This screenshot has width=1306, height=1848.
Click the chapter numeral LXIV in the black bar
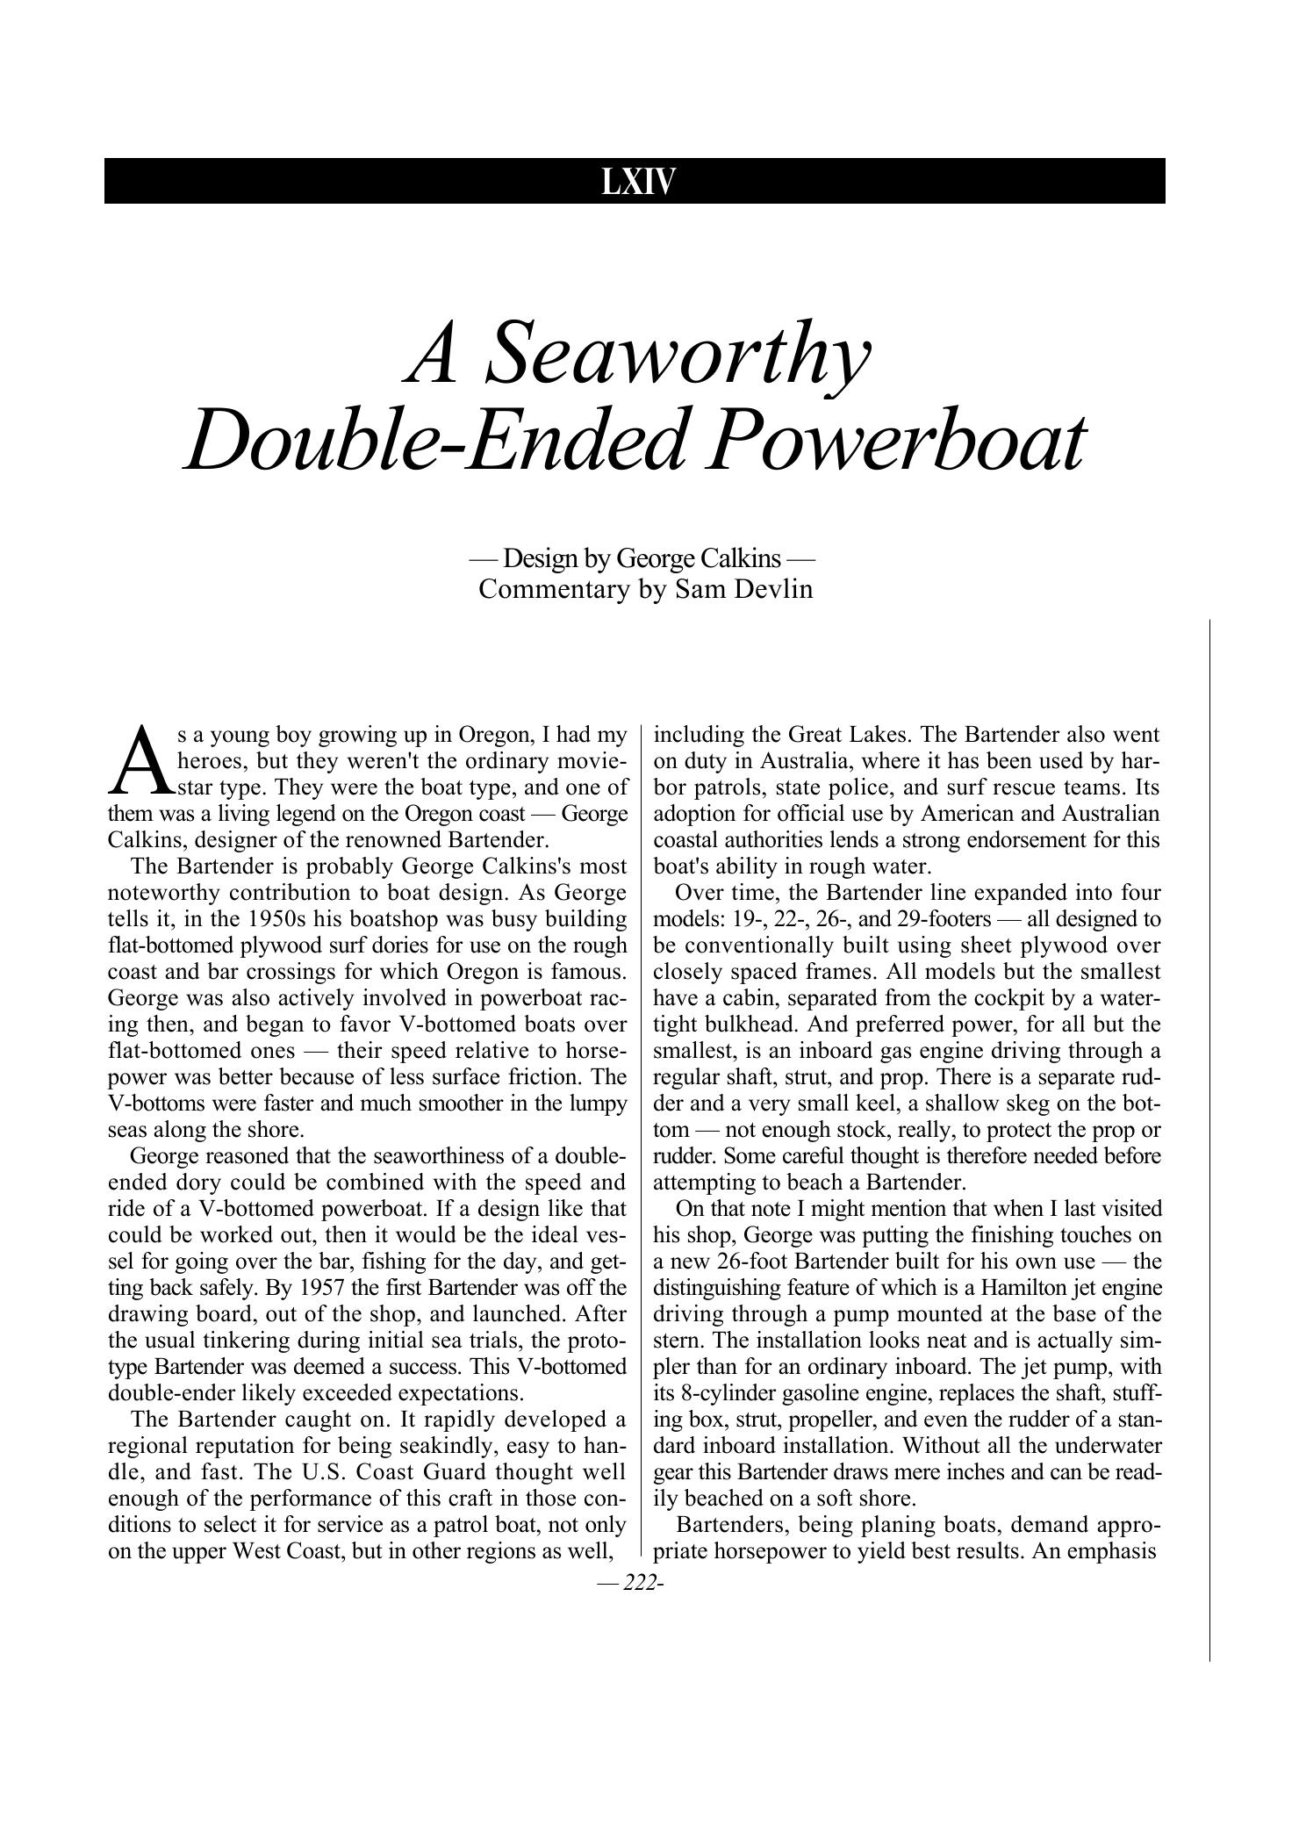pyautogui.click(x=638, y=182)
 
